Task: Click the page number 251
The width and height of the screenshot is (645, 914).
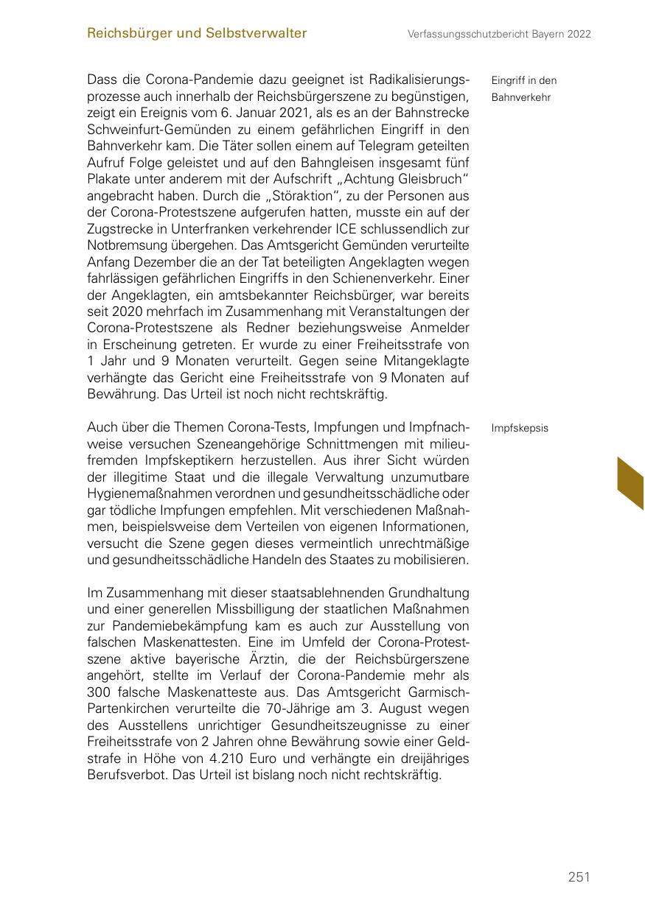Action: tap(579, 876)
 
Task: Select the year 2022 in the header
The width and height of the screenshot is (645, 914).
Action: tap(579, 34)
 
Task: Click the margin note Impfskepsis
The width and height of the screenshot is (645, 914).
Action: tap(520, 428)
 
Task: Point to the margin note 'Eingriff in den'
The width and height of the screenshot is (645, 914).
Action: tap(523, 80)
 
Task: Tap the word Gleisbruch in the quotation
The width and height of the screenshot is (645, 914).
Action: tap(433, 180)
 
